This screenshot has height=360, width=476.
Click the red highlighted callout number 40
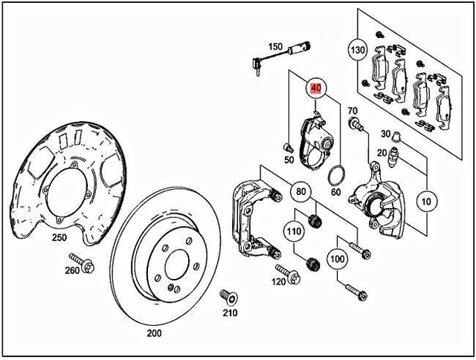coord(316,89)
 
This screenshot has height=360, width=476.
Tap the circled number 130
coord(358,50)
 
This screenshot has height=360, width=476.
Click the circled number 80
coord(300,193)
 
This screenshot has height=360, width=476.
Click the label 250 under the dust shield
coord(59,238)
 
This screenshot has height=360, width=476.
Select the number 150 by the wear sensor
coord(275,47)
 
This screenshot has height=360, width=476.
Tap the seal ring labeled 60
coord(336,176)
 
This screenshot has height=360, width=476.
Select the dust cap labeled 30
coord(396,135)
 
